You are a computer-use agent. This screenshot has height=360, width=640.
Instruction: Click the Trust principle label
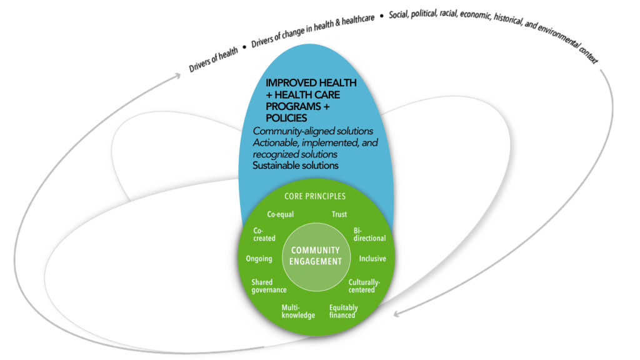[x=339, y=214]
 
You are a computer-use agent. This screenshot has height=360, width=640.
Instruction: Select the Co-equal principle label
[x=281, y=214]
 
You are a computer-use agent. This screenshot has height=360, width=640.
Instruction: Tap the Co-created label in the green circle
[x=264, y=234]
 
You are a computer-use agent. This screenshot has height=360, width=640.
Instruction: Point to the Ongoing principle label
[x=259, y=259]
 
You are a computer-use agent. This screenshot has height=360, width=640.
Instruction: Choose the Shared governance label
[x=269, y=286]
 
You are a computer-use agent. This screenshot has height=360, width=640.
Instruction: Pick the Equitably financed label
[x=343, y=311]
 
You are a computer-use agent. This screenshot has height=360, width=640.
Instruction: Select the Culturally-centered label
[x=364, y=286]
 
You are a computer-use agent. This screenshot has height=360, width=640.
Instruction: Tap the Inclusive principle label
[x=372, y=259]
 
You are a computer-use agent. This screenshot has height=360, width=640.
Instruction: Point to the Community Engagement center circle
[x=316, y=256]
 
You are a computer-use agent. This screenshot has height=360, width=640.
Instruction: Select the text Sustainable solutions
[x=296, y=166]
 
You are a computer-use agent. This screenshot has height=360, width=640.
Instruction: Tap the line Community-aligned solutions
[x=313, y=131]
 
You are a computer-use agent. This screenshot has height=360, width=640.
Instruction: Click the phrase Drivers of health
[x=214, y=61]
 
